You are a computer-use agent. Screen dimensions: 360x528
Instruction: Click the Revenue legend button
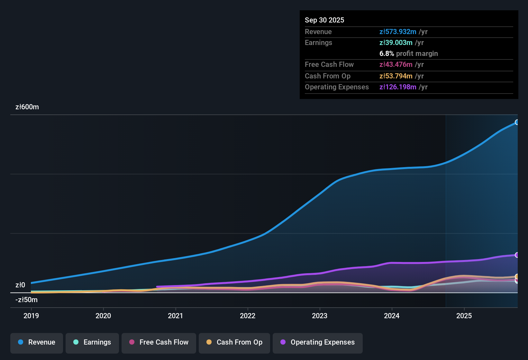[37, 342]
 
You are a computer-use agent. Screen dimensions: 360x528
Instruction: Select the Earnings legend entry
[92, 342]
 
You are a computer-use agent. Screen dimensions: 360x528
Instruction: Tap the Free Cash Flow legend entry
[159, 342]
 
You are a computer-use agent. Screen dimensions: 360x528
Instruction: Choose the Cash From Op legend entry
[234, 342]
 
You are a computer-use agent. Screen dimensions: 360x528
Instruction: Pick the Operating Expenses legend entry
[318, 342]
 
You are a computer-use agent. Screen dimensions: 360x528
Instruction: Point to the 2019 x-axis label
[31, 316]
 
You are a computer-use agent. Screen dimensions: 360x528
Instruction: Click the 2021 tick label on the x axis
[175, 316]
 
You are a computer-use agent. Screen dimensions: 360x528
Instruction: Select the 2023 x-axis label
[320, 316]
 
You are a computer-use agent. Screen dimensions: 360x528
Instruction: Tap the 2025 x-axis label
[464, 316]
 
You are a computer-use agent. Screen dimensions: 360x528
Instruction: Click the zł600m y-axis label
[27, 107]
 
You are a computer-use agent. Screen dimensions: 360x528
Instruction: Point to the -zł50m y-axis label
[26, 300]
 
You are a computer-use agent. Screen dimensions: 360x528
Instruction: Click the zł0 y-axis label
[20, 285]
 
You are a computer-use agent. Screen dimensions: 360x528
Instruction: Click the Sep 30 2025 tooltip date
[324, 20]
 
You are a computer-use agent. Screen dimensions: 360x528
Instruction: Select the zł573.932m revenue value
[398, 32]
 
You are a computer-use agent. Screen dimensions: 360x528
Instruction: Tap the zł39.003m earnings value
[396, 42]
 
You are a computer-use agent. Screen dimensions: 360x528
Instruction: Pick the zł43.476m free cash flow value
[396, 64]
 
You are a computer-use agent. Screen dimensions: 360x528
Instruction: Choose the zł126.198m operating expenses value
[398, 87]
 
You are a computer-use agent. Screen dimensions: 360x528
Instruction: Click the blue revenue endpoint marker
[517, 122]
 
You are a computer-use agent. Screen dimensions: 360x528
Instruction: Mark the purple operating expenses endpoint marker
[517, 255]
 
